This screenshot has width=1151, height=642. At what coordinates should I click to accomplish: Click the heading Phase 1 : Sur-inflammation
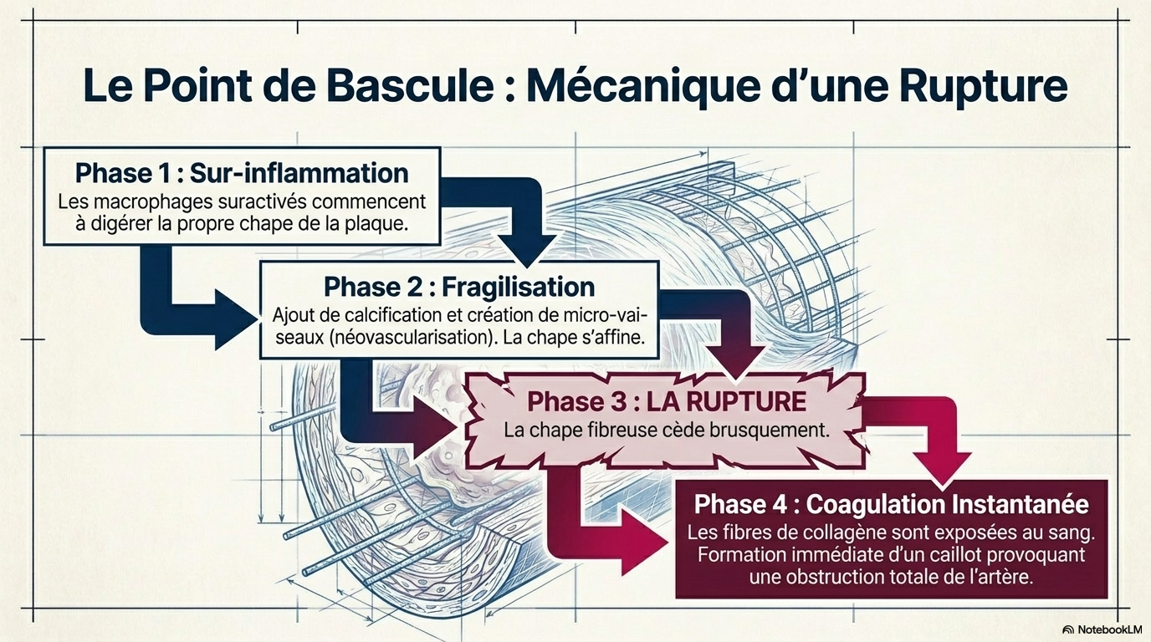[x=242, y=173]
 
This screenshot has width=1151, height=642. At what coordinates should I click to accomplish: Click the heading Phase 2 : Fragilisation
[x=459, y=287]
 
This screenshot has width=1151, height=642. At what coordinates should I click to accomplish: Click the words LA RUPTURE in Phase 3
[x=725, y=401]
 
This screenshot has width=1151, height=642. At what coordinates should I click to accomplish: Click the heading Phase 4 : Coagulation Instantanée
[x=891, y=504]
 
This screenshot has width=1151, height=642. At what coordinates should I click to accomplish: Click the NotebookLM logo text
[x=1102, y=629]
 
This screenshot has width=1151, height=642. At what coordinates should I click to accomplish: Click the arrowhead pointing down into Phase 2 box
[x=527, y=248]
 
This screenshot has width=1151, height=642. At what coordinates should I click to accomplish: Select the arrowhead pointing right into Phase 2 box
[x=235, y=318]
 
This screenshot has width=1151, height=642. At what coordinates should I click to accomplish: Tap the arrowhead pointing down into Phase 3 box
[x=735, y=362]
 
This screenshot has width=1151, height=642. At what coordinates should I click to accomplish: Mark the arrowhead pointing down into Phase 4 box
[x=943, y=468]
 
